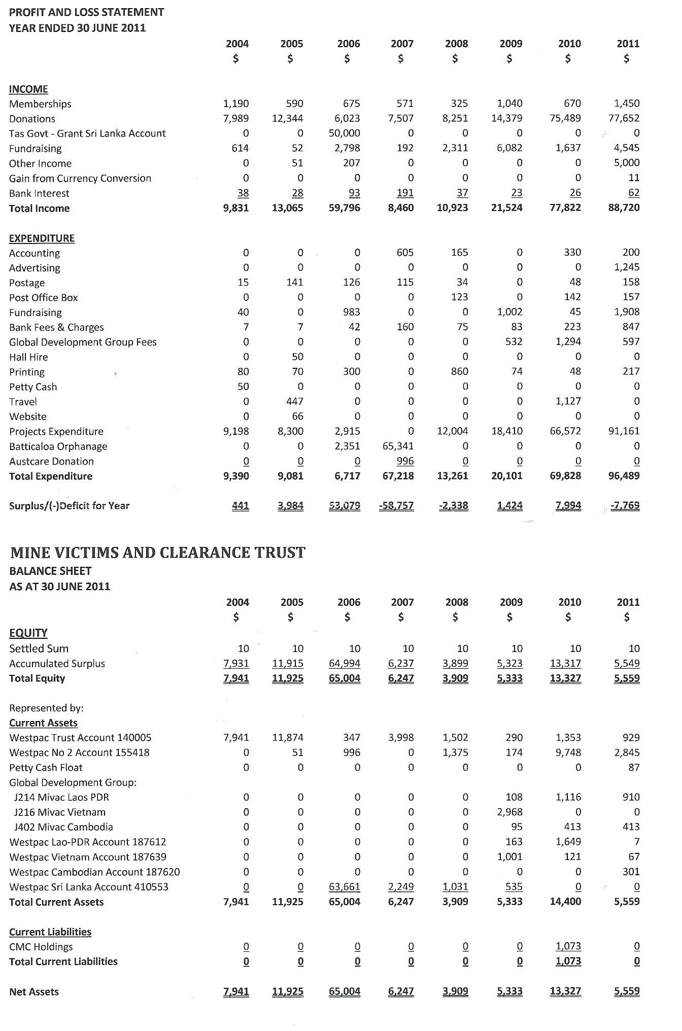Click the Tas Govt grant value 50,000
(345, 133)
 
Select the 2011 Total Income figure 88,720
(624, 208)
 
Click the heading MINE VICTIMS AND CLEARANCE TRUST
(157, 553)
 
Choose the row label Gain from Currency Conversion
(80, 178)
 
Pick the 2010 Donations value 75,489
(565, 118)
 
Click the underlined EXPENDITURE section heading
(42, 238)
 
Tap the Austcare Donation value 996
(405, 461)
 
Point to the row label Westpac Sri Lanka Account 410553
(89, 887)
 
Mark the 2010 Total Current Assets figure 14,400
(565, 902)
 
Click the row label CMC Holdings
(41, 947)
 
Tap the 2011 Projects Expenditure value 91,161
(624, 431)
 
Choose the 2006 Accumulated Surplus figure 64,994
(345, 663)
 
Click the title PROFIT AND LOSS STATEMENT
(87, 12)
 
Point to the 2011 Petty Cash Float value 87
(633, 767)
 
